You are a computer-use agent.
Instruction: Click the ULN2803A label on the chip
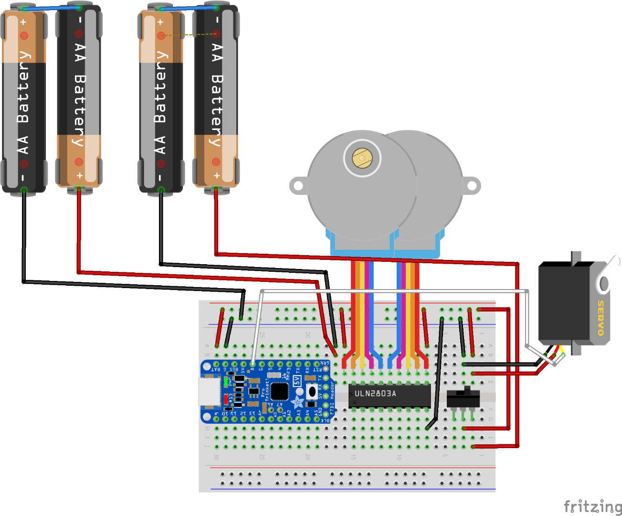coord(375,394)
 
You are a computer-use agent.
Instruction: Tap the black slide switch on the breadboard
coord(463,398)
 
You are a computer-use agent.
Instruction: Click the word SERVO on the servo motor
coord(601,318)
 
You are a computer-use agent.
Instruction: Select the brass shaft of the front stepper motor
coord(362,158)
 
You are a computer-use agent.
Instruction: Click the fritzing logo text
coord(592,506)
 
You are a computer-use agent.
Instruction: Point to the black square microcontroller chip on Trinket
coord(279,391)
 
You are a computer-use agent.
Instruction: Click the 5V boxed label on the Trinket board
coord(297,381)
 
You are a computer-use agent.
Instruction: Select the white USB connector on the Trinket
coord(209,391)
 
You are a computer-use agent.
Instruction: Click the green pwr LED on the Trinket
coord(225,382)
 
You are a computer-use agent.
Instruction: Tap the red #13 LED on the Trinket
coord(225,398)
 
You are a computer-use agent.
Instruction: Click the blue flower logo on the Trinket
coord(298,401)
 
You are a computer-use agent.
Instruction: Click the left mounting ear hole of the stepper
coord(298,186)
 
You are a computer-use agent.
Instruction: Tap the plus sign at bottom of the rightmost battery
coord(217,176)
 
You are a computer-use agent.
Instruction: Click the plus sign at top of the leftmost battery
coord(23,22)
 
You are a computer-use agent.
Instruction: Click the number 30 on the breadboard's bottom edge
coord(216,457)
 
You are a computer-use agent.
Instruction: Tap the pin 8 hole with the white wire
coord(252,364)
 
